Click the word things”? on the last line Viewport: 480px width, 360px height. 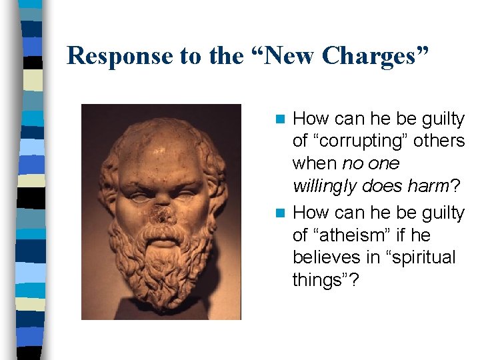(325, 281)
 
